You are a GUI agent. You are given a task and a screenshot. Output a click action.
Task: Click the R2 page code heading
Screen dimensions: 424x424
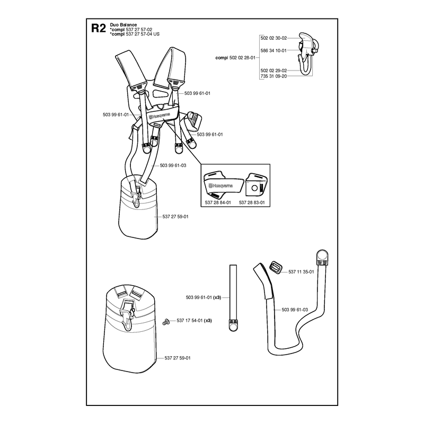[x=99, y=28]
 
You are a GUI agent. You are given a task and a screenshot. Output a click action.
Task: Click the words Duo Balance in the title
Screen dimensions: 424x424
[x=123, y=24]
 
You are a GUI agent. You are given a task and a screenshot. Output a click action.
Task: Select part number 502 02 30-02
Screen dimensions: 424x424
[x=273, y=38]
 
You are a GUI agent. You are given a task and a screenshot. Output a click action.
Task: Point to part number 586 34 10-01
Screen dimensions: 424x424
[x=273, y=50]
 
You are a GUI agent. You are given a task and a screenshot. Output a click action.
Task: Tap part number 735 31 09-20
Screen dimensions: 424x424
[x=273, y=76]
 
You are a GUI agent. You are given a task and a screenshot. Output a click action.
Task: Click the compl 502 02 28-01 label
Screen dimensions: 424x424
[x=235, y=58]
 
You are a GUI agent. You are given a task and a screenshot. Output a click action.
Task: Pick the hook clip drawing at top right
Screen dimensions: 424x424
[x=308, y=54]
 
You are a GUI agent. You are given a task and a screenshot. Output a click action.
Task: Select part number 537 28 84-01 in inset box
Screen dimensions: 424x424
[x=218, y=202]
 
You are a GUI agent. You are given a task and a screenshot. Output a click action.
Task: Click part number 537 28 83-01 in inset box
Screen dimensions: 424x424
[x=252, y=202]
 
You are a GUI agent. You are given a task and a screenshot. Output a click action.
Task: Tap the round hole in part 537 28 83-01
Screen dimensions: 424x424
[x=254, y=188]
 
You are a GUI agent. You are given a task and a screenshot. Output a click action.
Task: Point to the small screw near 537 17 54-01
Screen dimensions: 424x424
[x=165, y=322]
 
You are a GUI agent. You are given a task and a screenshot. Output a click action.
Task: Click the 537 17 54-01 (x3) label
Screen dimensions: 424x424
[x=194, y=321]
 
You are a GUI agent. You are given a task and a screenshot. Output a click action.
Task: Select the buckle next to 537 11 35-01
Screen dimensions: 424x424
[x=276, y=268]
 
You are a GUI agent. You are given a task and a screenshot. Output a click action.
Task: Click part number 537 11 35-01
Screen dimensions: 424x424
[x=301, y=272]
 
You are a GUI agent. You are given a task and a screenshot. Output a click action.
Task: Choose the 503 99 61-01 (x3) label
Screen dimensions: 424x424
[x=204, y=297]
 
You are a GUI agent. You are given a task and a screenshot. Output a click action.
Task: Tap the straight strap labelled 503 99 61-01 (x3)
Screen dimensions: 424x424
[x=233, y=297]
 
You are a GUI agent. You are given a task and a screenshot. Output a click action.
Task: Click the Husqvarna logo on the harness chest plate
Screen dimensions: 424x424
[x=160, y=117]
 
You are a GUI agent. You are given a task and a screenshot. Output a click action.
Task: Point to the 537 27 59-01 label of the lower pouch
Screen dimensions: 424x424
[x=178, y=358]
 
